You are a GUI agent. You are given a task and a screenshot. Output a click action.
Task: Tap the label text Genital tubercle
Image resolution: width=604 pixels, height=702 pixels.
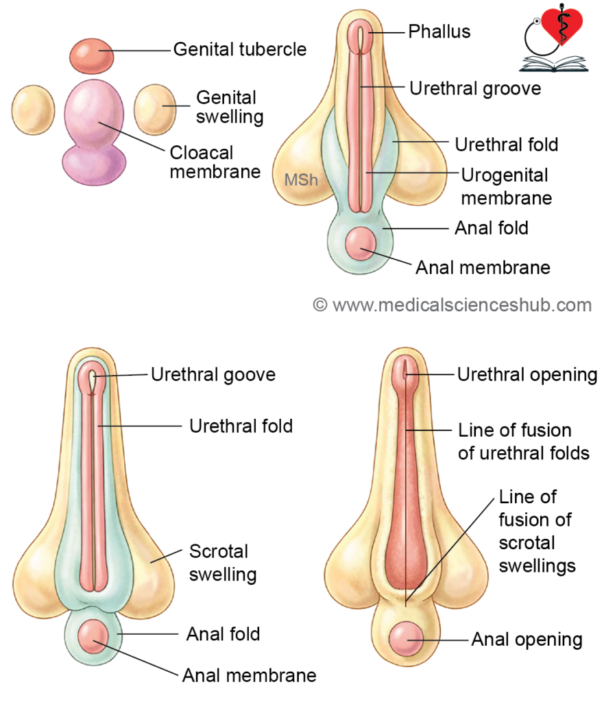[239, 49]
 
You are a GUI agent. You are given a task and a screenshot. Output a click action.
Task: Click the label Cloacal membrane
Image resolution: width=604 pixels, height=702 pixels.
[214, 162]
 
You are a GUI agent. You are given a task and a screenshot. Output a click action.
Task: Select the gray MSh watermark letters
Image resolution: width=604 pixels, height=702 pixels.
[301, 181]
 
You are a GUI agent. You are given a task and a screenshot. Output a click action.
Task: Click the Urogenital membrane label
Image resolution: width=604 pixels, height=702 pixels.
[506, 186]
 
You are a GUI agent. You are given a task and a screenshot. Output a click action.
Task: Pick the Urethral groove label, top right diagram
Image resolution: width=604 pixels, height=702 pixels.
[474, 88]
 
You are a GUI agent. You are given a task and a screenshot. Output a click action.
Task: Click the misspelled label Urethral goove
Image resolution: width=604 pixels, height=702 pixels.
[213, 375]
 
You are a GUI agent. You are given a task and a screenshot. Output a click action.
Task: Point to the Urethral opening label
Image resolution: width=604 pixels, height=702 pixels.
[527, 375]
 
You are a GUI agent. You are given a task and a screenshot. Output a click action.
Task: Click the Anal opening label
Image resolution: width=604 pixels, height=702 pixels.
[527, 640]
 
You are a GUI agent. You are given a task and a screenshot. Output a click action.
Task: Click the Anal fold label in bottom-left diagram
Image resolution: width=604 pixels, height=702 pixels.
[223, 634]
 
